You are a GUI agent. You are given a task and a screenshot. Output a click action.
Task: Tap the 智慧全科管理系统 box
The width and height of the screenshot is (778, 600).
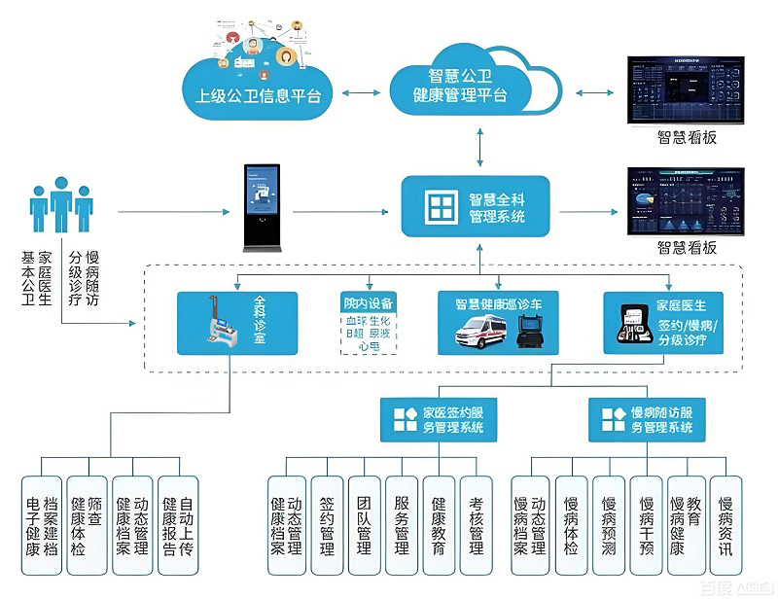[x=476, y=206]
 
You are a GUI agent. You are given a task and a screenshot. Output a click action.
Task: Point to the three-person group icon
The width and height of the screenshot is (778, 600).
[x=61, y=205]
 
